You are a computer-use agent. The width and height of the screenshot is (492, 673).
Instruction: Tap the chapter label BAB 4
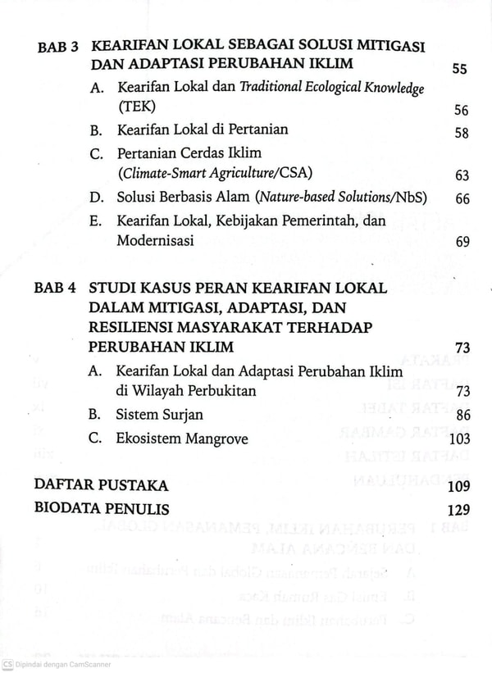(56, 289)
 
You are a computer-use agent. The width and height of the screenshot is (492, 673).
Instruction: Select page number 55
(459, 69)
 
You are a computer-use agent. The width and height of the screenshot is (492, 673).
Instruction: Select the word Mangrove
(216, 439)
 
